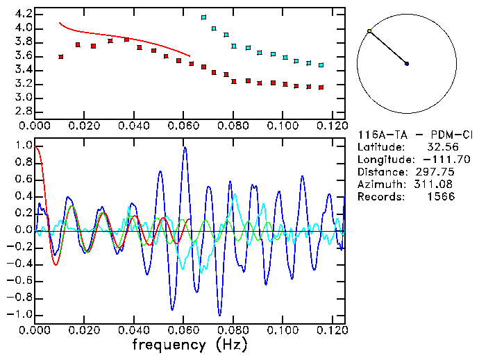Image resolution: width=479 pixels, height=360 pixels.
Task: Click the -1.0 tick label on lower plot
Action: click(x=21, y=314)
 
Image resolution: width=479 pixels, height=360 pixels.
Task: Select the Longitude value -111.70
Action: click(x=446, y=160)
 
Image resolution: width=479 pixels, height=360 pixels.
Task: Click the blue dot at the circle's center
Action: click(x=407, y=64)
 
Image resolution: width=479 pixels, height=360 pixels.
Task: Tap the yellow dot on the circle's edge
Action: click(x=369, y=31)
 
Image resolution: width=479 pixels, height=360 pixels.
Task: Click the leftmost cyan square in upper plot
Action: click(x=203, y=17)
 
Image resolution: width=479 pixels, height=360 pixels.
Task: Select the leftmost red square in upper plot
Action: click(x=61, y=57)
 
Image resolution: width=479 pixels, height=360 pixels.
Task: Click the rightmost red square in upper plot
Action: click(x=321, y=87)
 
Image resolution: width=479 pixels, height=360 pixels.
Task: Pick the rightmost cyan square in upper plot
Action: click(x=321, y=65)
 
